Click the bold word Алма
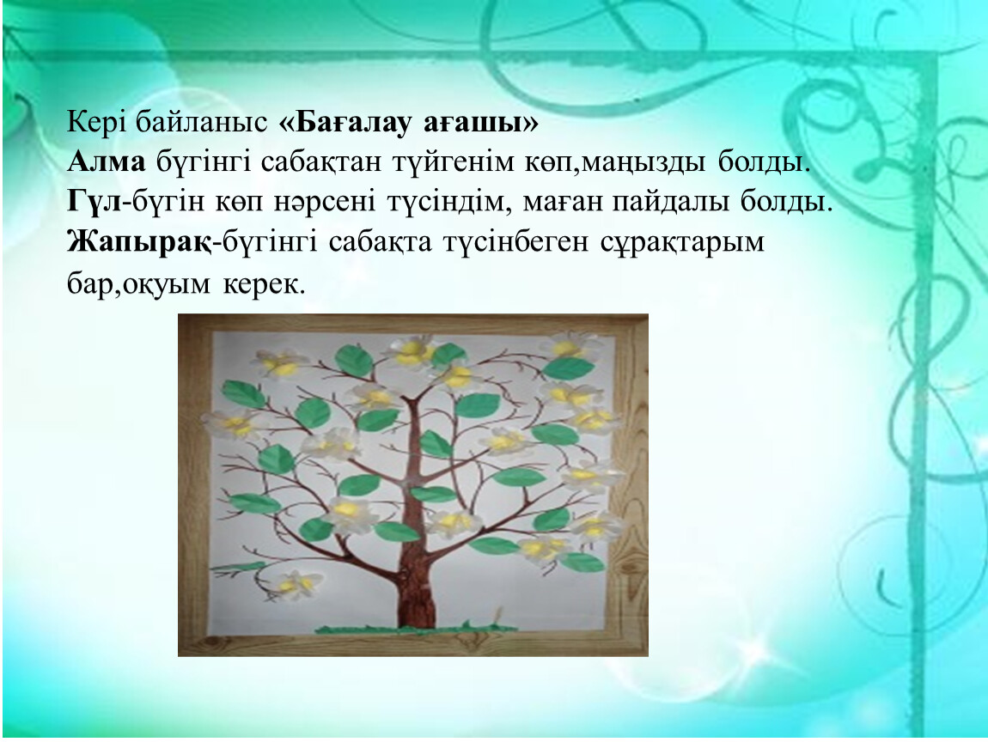click(106, 161)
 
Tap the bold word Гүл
click(94, 202)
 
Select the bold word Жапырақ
click(139, 242)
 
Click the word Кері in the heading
click(96, 123)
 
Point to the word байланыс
click(202, 122)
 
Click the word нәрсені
click(325, 202)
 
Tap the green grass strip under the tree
click(416, 628)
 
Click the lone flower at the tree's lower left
click(296, 585)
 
